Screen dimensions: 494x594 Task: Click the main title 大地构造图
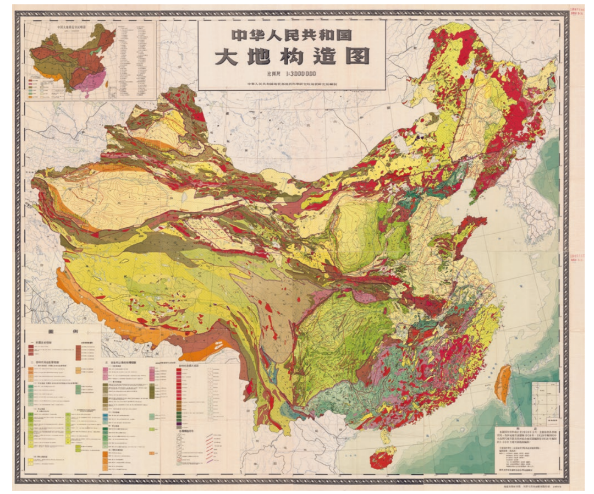(x=291, y=57)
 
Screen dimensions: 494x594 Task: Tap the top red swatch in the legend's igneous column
(x=179, y=370)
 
